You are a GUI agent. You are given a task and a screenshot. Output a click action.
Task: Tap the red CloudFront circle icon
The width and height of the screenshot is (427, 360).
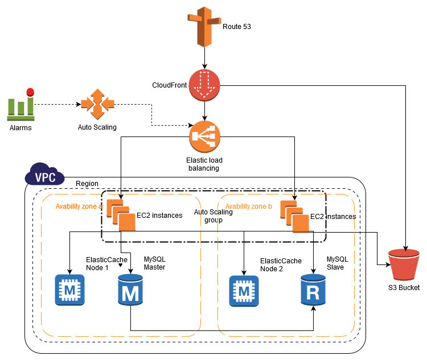[204, 85]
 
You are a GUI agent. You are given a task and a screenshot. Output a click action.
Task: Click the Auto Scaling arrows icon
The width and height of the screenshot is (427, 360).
[97, 104]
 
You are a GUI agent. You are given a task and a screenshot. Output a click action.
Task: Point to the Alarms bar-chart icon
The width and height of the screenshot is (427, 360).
[20, 106]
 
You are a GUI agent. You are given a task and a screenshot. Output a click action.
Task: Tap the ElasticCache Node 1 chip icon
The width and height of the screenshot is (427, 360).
[69, 290]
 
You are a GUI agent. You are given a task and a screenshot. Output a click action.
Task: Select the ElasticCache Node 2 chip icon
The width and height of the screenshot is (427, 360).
[244, 290]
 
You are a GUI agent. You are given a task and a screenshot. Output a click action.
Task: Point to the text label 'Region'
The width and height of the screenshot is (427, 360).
[87, 184]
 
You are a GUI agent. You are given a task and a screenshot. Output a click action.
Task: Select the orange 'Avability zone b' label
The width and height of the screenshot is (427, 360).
[249, 205]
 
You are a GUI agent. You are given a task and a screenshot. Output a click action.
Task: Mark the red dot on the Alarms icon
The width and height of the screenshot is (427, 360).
[30, 91]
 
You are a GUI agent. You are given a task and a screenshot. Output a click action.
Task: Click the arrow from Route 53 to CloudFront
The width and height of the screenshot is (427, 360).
[204, 58]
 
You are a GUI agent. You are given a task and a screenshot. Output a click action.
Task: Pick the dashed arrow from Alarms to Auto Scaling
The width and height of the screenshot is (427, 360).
[57, 105]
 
